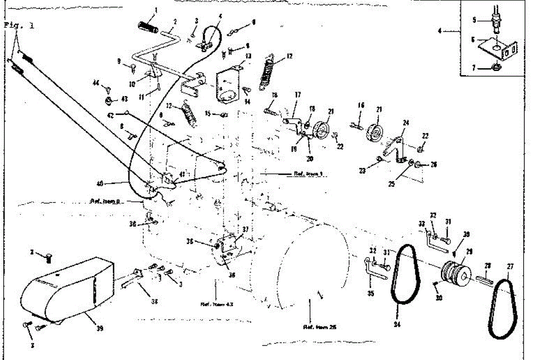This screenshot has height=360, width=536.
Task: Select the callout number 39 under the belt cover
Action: (x=100, y=329)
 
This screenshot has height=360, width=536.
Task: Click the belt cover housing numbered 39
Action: (x=67, y=286)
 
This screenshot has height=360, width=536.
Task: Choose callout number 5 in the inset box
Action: (x=475, y=20)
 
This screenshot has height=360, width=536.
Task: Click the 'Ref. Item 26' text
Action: (x=320, y=327)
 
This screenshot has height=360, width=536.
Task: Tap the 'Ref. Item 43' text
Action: (x=217, y=305)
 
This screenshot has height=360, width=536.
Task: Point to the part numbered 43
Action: (x=109, y=100)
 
